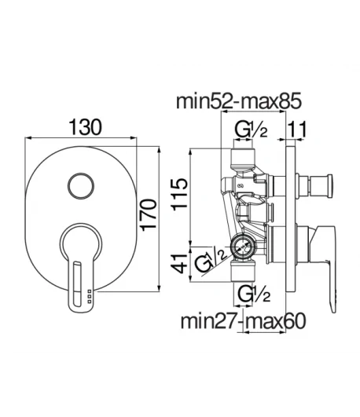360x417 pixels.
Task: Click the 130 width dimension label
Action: point(85,127)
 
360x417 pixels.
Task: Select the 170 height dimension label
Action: point(149,215)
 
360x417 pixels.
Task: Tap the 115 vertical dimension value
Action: point(179,194)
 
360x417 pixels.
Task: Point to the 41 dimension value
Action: point(179,264)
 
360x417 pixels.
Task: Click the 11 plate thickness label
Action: point(296,130)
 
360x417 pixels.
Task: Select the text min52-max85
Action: point(239,101)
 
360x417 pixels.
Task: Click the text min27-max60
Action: point(243,321)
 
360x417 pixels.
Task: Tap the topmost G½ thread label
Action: point(251,130)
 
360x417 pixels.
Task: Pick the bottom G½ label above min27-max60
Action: point(254,294)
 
